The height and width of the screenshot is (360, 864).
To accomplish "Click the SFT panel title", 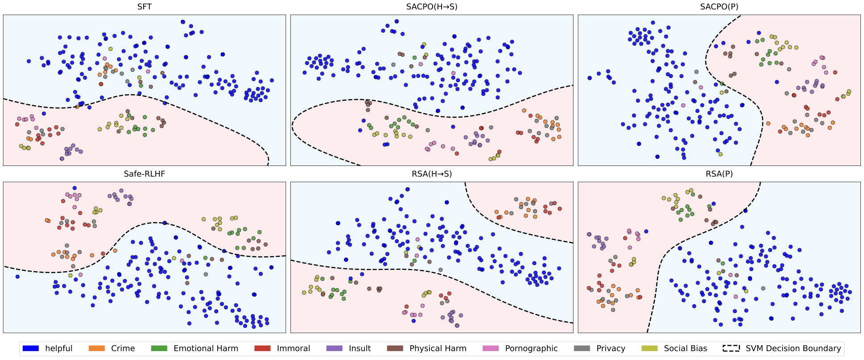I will (144, 7).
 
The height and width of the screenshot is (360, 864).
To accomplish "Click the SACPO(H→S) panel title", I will (431, 7).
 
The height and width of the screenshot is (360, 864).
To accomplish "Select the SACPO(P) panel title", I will (719, 7).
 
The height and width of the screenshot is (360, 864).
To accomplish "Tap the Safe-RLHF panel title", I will (144, 174).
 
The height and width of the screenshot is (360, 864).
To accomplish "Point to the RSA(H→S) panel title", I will (431, 174).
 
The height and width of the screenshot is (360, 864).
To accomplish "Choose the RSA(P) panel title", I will (719, 174).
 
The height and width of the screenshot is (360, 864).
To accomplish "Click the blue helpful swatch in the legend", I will (31, 348).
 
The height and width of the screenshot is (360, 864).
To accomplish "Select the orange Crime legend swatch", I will (97, 348).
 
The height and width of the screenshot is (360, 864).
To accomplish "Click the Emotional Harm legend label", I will (206, 348).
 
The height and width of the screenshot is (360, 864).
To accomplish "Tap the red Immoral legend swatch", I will (262, 348).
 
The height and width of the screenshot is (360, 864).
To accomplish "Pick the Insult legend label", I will (360, 348).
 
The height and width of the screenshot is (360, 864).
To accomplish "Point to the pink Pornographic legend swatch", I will (491, 348).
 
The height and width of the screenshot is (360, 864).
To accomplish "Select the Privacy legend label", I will (611, 348).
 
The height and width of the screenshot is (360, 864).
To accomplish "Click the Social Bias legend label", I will (685, 348).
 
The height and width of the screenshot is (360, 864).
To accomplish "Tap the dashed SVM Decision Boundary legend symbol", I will (731, 348).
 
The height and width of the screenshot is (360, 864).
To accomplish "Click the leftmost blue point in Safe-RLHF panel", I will (17, 277).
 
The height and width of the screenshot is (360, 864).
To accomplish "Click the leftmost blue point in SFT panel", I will (29, 61).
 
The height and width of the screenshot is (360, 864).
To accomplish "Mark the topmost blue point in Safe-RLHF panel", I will (74, 188).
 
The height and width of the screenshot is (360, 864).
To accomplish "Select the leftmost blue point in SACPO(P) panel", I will (590, 78).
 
